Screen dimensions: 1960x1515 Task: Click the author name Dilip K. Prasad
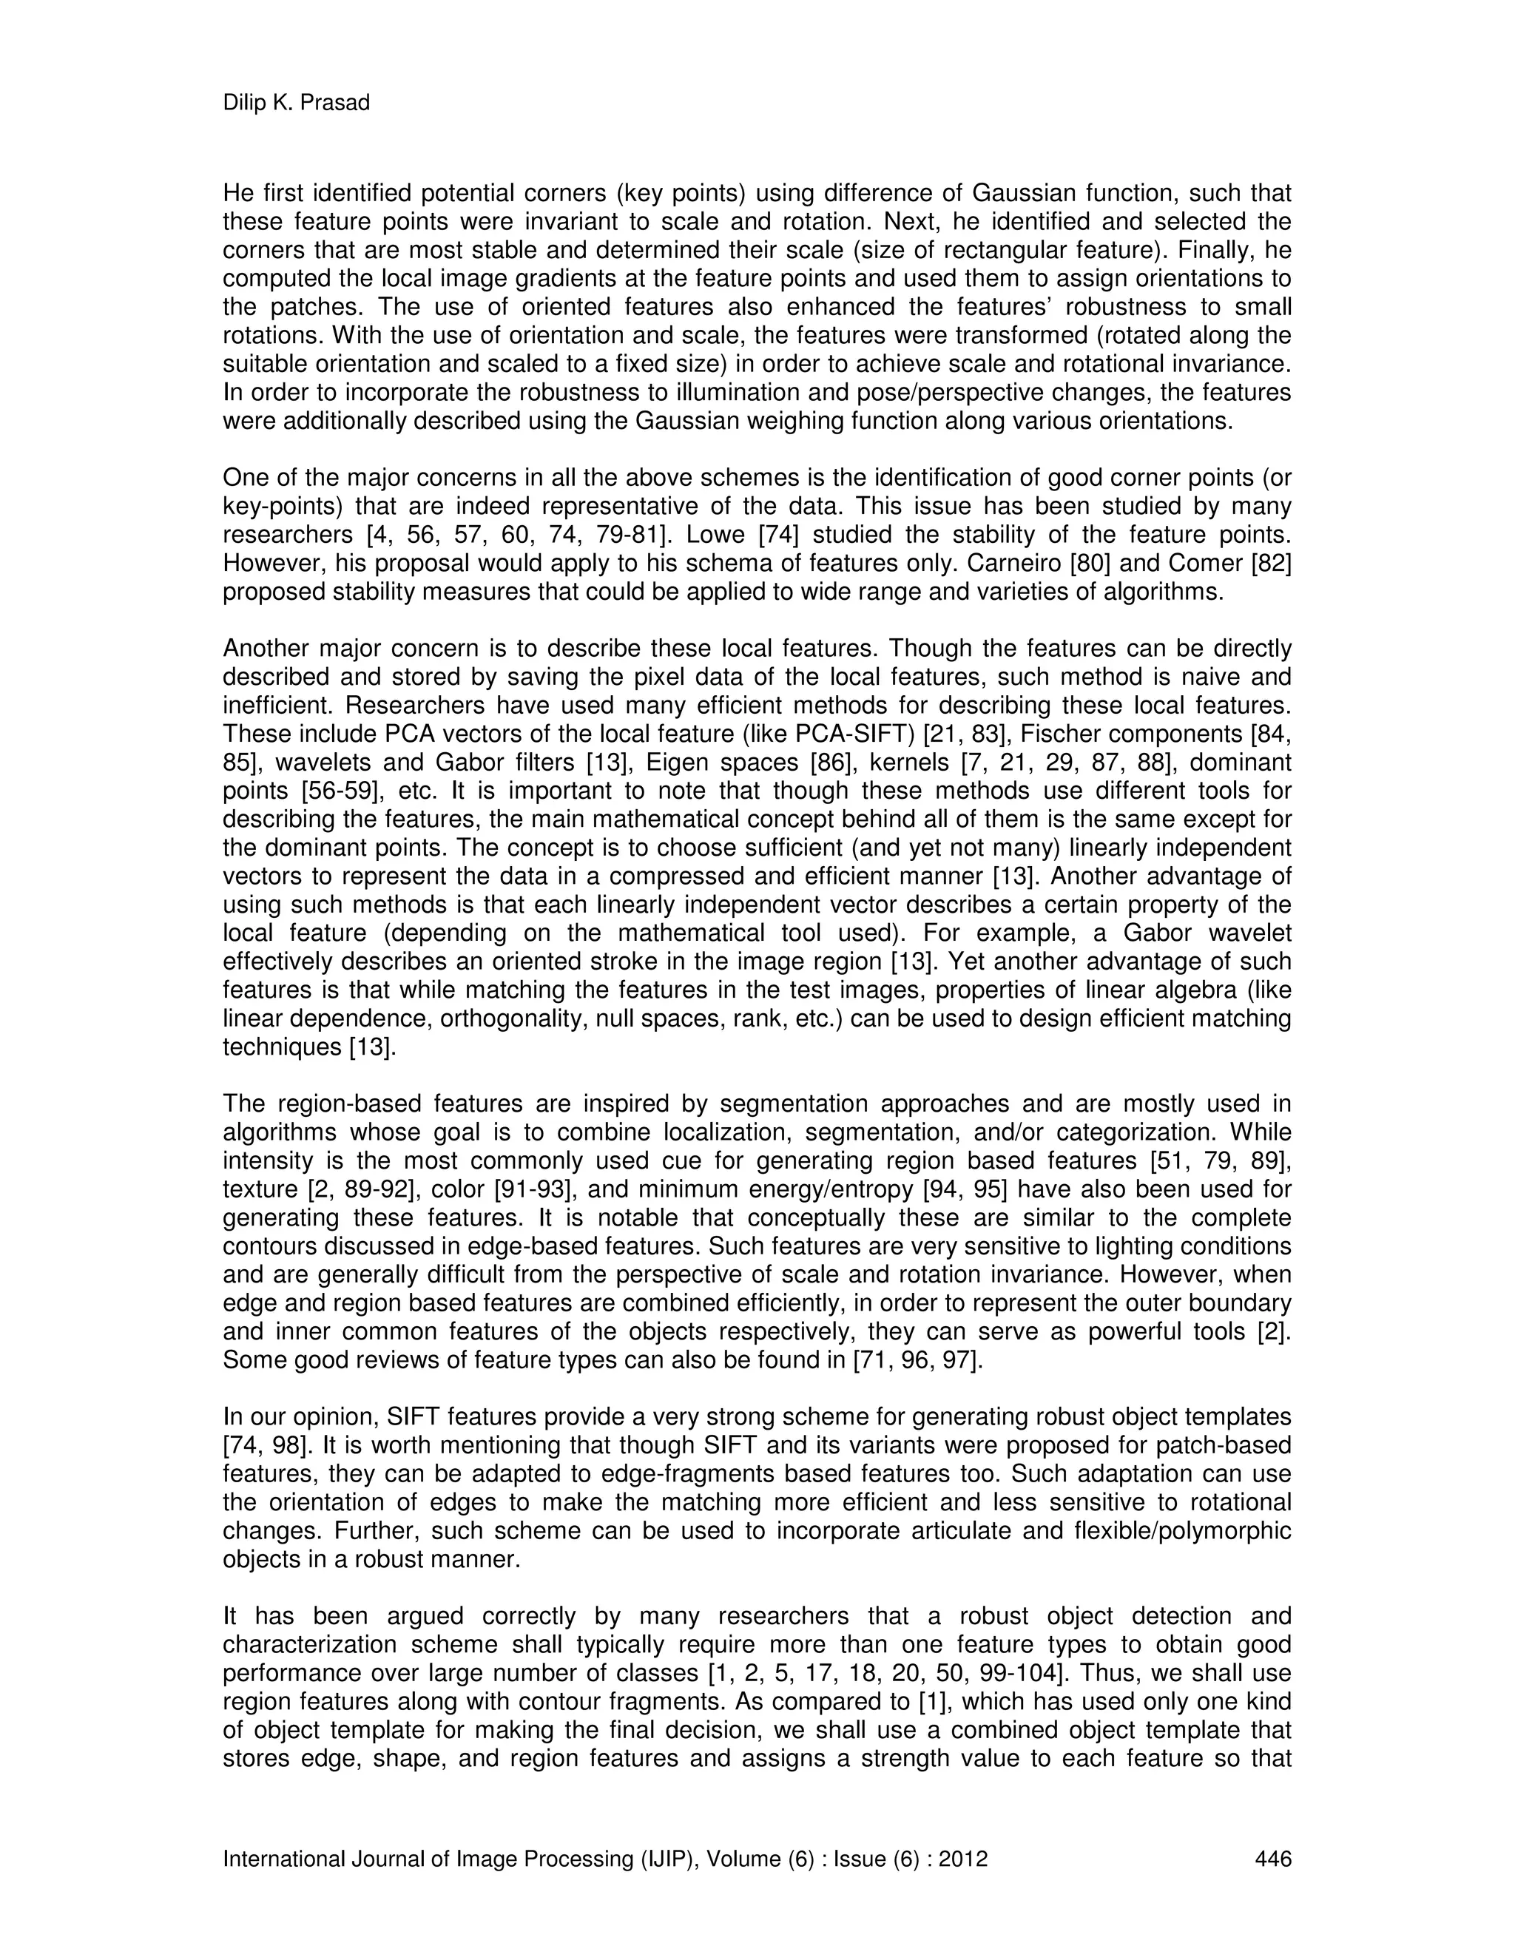(x=296, y=104)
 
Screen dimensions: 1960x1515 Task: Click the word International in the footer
(x=279, y=1859)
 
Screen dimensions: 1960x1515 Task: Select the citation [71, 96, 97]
(x=917, y=1359)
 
